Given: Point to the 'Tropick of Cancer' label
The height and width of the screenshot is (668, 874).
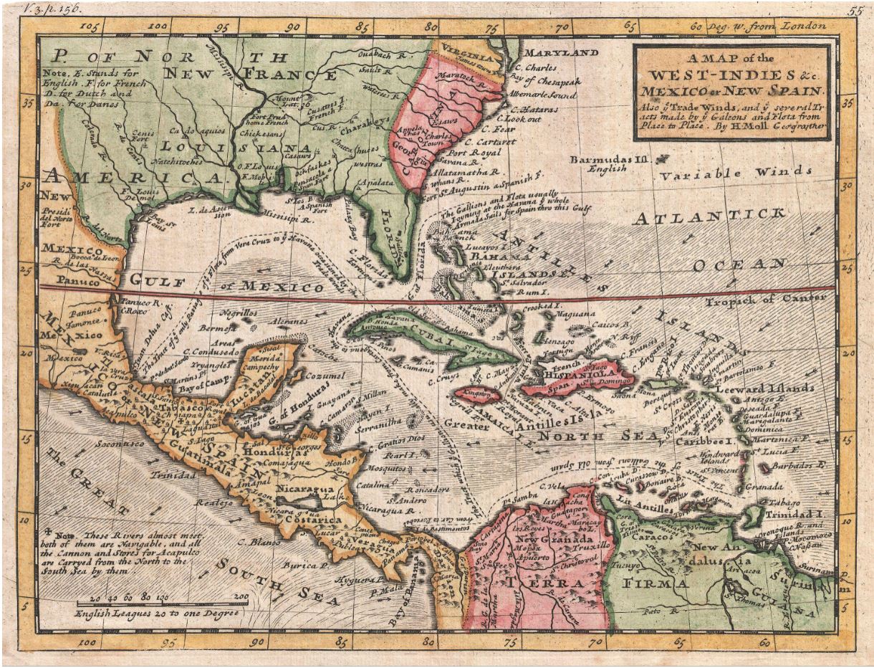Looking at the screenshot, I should (x=769, y=298).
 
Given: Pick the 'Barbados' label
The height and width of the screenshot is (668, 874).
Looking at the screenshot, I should (x=799, y=465).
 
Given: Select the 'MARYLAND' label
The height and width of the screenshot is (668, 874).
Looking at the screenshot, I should (x=562, y=53).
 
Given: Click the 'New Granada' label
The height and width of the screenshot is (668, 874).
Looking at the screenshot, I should (x=564, y=539).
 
